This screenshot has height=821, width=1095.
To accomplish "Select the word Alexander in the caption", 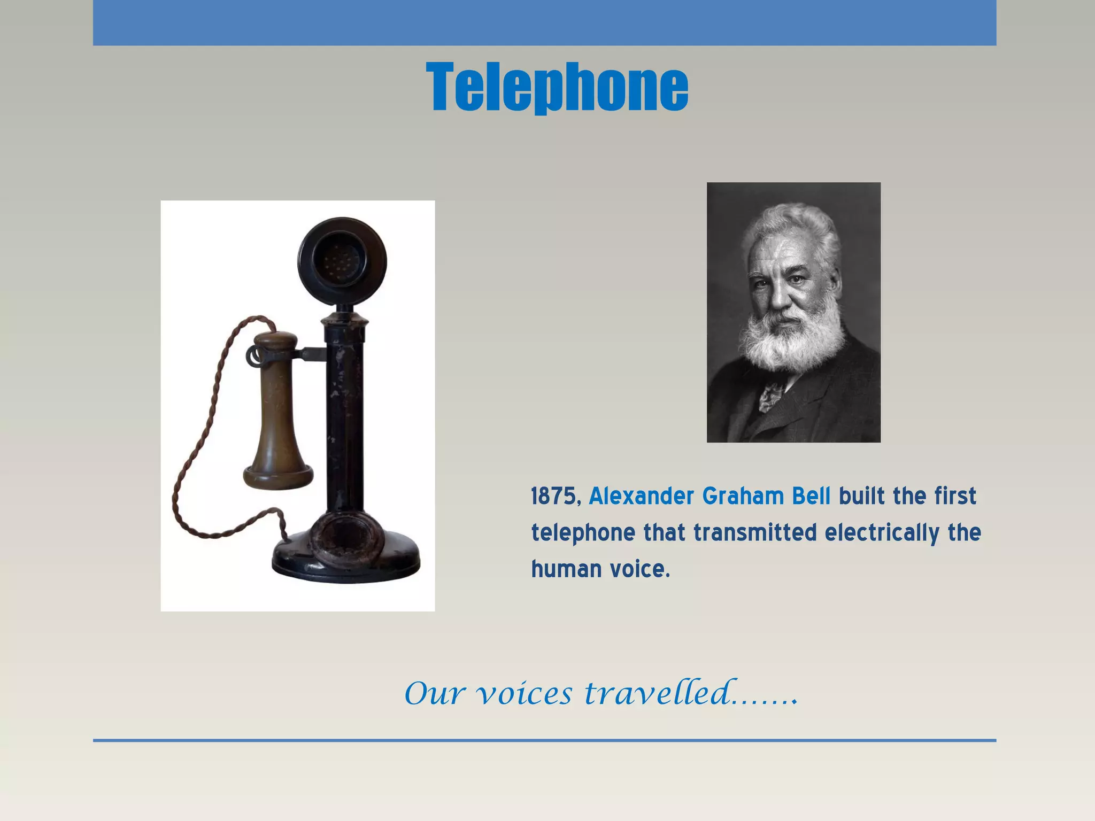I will coord(641,497).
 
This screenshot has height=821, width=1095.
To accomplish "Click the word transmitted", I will coord(755,533).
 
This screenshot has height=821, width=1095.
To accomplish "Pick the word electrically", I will coord(882,533).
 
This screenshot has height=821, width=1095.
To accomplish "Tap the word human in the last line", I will coord(566,569).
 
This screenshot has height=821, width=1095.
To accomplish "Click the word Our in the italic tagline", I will coord(434,694).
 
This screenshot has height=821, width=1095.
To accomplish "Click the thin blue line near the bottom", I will coord(544,740).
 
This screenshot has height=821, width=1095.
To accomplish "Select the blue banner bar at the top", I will coord(544,22).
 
